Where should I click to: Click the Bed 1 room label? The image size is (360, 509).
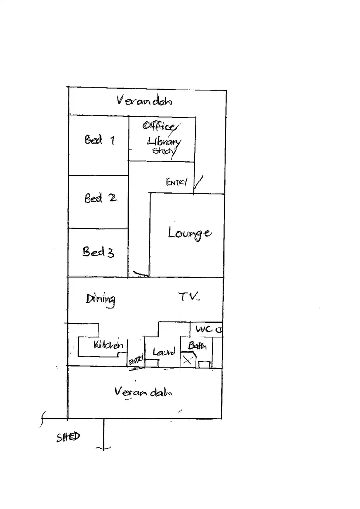pyautogui.click(x=99, y=140)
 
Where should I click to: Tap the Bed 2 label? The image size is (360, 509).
pyautogui.click(x=100, y=197)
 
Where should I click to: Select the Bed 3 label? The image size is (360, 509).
pyautogui.click(x=98, y=252)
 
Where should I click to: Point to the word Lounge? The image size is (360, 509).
pyautogui.click(x=189, y=234)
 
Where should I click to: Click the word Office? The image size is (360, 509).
pyautogui.click(x=159, y=126)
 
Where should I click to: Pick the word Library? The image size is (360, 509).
pyautogui.click(x=164, y=142)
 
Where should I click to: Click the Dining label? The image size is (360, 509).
pyautogui.click(x=100, y=299)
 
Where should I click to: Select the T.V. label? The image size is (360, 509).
pyautogui.click(x=189, y=296)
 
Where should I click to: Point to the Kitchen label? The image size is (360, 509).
pyautogui.click(x=108, y=344)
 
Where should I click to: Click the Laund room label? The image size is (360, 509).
pyautogui.click(x=164, y=352)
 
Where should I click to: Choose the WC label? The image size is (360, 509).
pyautogui.click(x=205, y=329)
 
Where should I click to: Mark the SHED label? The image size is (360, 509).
pyautogui.click(x=68, y=437)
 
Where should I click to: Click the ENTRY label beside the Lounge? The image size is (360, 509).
pyautogui.click(x=177, y=182)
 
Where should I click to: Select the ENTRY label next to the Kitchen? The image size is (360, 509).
pyautogui.click(x=136, y=361)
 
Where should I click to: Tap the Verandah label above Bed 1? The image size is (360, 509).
pyautogui.click(x=144, y=100)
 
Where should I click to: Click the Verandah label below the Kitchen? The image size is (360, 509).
pyautogui.click(x=143, y=392)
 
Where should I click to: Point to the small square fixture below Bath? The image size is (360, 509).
pyautogui.click(x=205, y=364)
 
